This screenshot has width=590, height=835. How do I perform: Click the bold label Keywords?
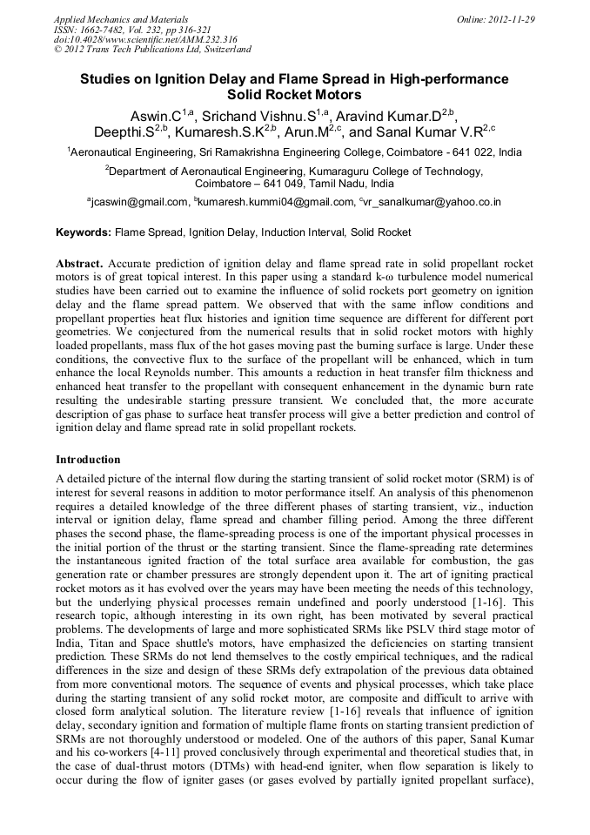(84, 232)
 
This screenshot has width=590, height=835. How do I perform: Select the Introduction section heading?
(88, 459)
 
